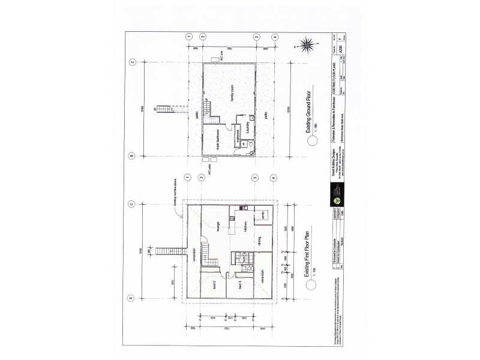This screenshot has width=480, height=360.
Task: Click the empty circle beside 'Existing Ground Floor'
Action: pos(311,142)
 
